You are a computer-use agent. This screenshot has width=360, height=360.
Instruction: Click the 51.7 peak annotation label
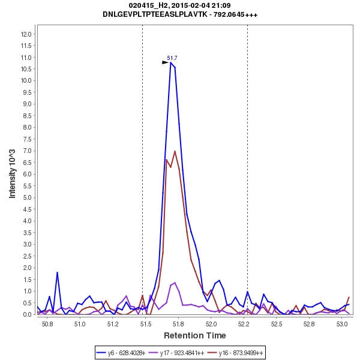[x=172, y=58]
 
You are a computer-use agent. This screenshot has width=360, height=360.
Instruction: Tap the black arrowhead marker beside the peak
[x=166, y=62]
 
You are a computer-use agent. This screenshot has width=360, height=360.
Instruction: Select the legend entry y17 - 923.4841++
[x=182, y=353]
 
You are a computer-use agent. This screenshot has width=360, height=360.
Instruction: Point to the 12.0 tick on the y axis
[x=26, y=34]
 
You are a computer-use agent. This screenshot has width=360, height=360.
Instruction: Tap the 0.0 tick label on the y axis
[x=27, y=314]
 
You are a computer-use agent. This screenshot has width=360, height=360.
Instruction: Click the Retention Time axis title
[x=195, y=335]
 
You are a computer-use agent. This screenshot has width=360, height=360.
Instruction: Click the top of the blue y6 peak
[x=170, y=62]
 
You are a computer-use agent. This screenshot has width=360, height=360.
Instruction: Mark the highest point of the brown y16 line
[x=175, y=151]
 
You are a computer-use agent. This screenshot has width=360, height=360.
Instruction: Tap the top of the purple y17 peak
[x=175, y=282]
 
